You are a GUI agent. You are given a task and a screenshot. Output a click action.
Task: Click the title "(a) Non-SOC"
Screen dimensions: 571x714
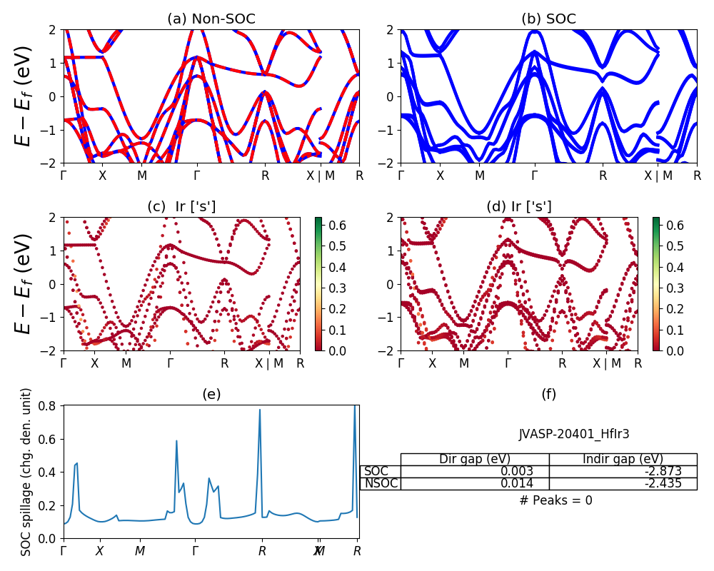tap(211, 19)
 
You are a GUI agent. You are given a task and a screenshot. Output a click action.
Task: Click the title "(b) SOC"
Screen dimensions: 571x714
tap(548, 19)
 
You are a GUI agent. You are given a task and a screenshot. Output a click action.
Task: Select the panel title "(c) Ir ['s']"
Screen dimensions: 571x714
tap(181, 207)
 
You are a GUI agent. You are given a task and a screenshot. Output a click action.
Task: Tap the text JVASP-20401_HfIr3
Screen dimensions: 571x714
tap(574, 434)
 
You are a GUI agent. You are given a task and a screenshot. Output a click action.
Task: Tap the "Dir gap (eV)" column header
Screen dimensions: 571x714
tap(475, 459)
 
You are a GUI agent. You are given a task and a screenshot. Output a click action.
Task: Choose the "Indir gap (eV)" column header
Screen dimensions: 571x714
tap(623, 459)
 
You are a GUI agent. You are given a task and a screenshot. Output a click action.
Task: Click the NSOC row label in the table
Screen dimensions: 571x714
tap(381, 483)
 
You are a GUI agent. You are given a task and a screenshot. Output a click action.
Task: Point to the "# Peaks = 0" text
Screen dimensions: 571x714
tap(555, 500)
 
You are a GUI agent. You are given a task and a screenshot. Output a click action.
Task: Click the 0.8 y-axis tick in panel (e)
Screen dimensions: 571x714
tap(49, 405)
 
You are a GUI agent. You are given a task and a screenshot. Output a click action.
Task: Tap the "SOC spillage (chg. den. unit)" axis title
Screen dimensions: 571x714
tap(26, 472)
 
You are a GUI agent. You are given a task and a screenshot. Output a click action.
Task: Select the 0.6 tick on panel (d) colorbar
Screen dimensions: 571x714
tap(675, 226)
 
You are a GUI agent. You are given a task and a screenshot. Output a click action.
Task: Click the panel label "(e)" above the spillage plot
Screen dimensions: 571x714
tap(211, 395)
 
